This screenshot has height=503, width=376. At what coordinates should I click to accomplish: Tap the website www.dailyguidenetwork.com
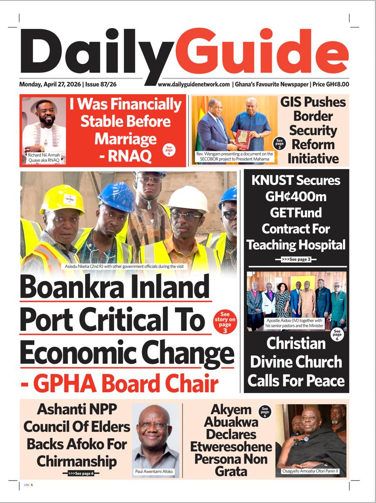click(x=194, y=85)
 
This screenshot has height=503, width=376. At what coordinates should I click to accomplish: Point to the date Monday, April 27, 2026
click(x=50, y=85)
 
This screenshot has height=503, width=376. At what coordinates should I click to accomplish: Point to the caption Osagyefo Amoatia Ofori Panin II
click(x=310, y=471)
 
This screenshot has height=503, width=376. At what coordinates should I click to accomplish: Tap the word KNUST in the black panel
click(x=273, y=181)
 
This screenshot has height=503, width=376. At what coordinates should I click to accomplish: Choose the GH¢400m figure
click(x=295, y=197)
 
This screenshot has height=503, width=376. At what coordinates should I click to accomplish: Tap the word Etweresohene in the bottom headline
click(x=231, y=447)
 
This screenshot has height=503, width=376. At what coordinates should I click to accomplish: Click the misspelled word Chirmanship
click(x=77, y=462)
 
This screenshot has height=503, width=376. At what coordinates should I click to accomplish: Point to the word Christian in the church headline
click(x=296, y=343)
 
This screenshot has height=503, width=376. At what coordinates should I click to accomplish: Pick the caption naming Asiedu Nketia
click(x=129, y=266)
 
